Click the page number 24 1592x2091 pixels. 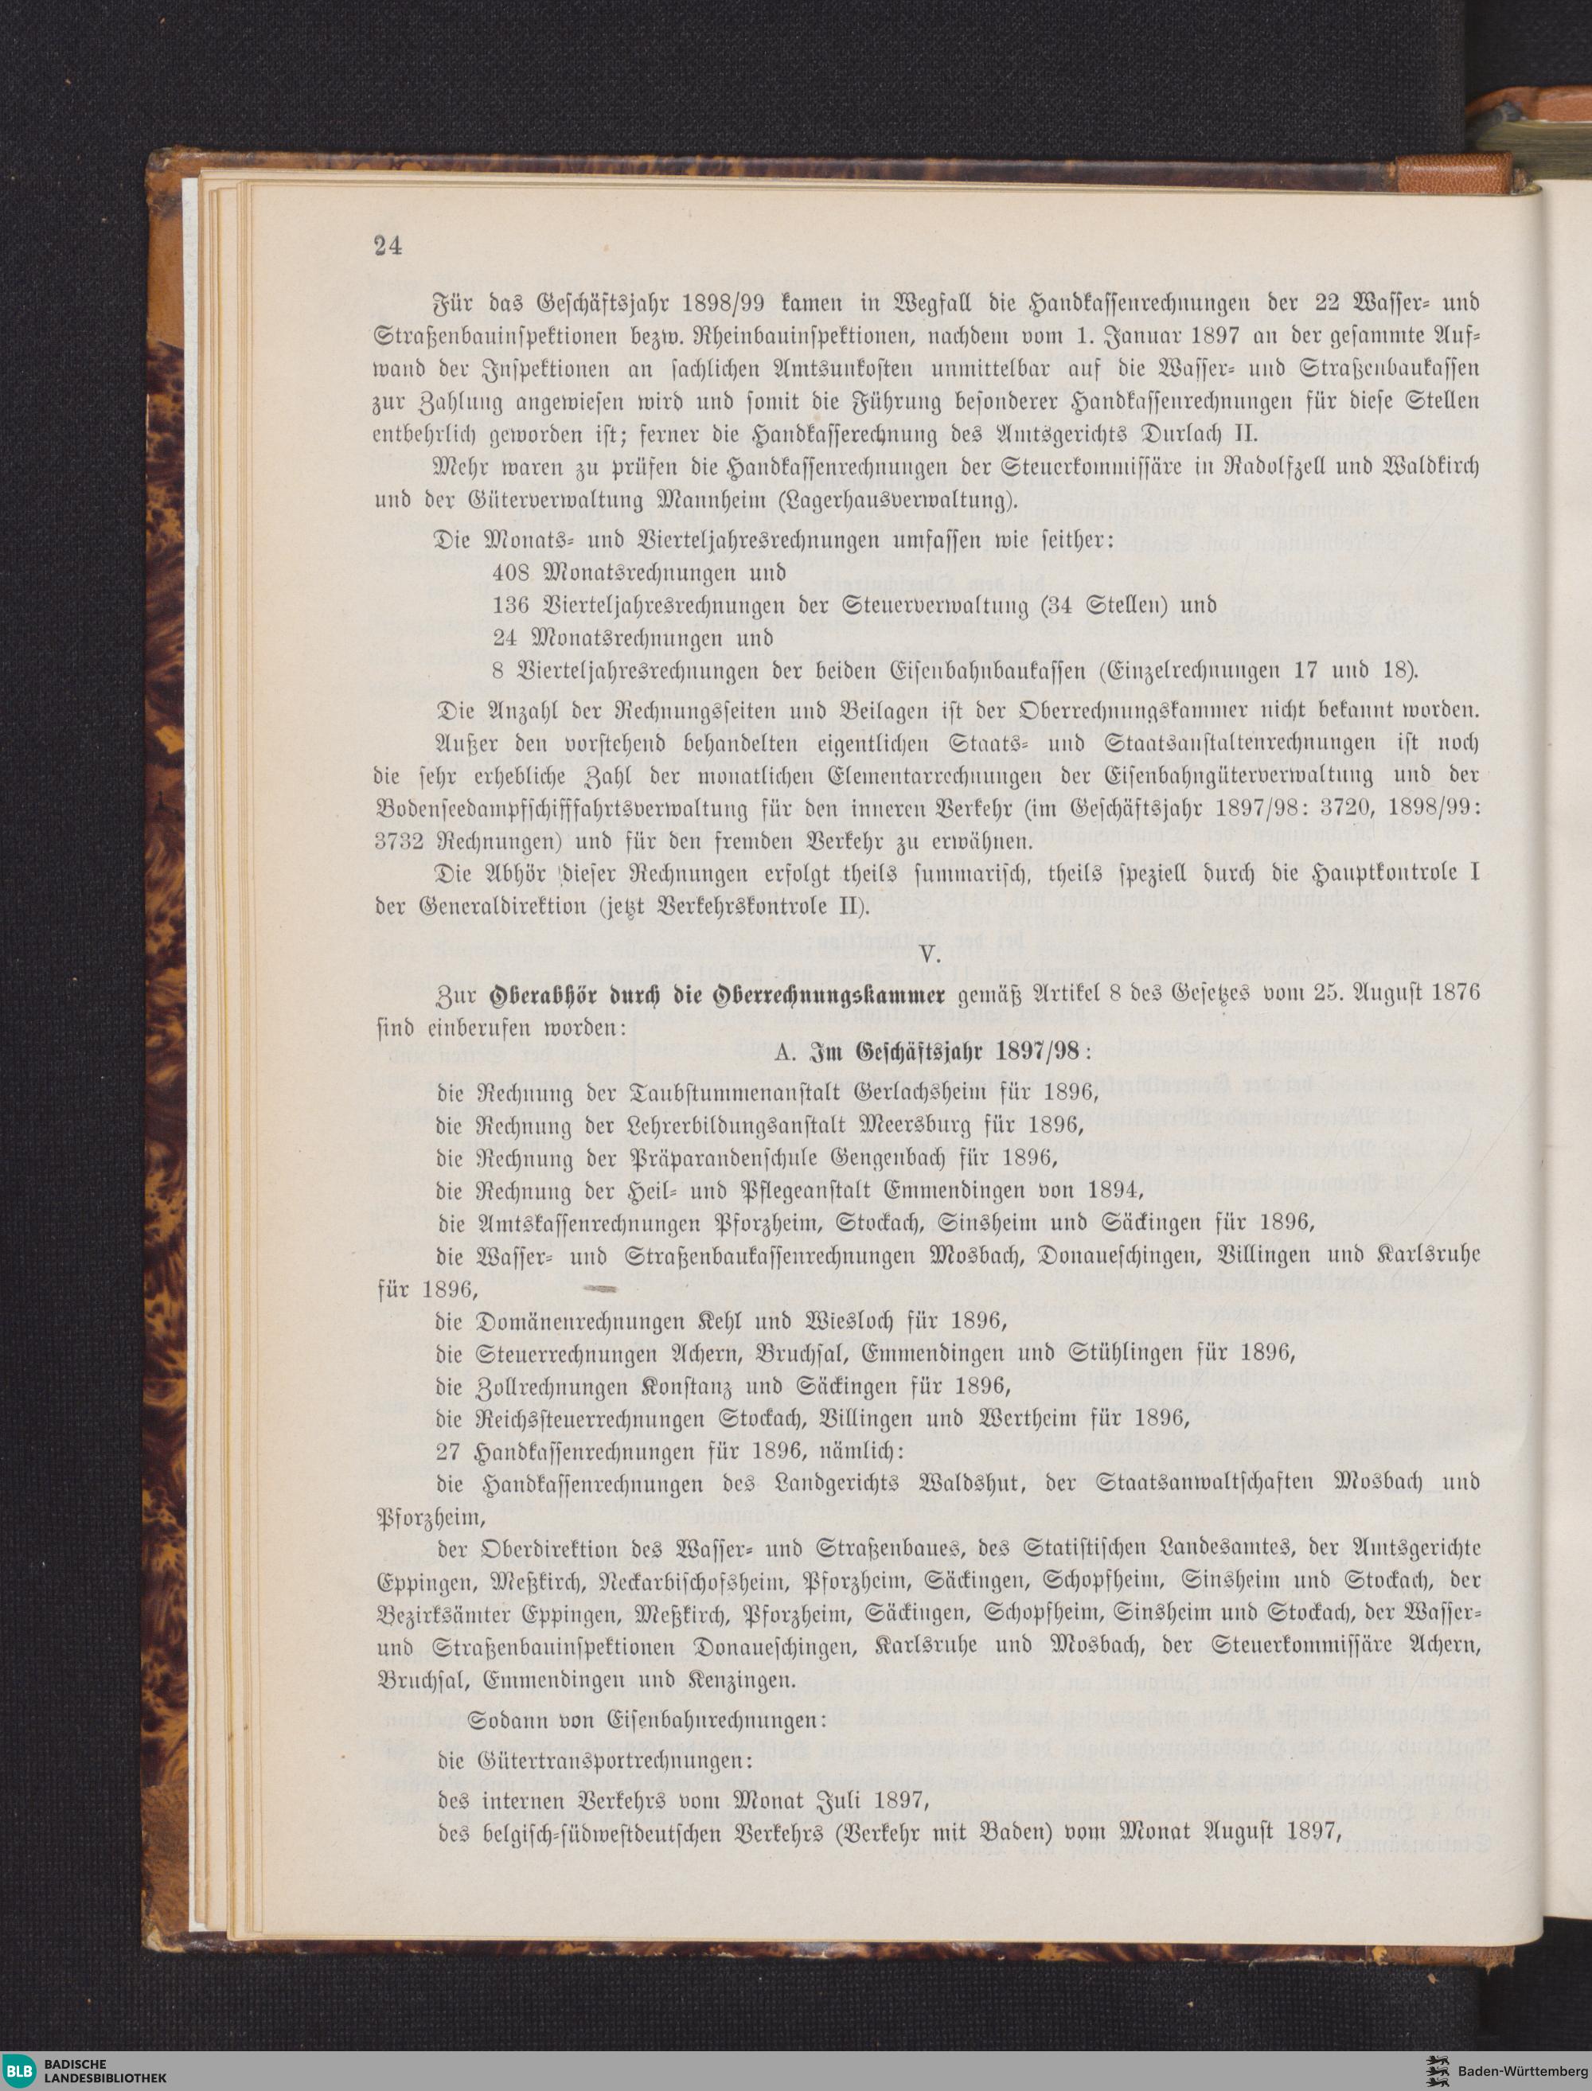click(388, 245)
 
